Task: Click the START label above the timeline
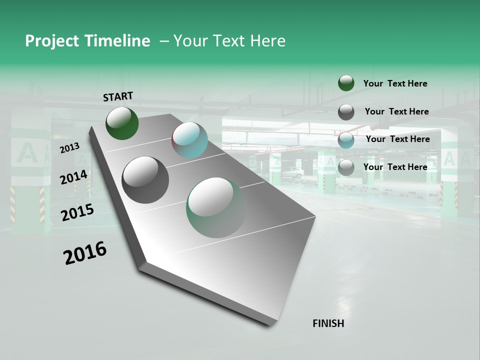(118, 96)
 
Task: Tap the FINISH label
(328, 323)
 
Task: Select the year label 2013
(69, 147)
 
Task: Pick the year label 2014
(74, 177)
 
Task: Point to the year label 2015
(77, 212)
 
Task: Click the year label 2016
(85, 252)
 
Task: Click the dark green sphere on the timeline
(122, 123)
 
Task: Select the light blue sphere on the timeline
(189, 140)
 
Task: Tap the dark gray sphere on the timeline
(145, 179)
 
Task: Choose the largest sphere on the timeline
(216, 207)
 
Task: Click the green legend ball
(346, 83)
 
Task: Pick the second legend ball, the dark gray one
(346, 112)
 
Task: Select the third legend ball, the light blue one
(346, 140)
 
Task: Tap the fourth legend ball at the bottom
(346, 167)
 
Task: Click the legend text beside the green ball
(395, 83)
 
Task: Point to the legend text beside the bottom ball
(395, 167)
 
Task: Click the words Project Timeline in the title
(87, 41)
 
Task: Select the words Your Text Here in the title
(229, 41)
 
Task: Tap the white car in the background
(291, 173)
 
